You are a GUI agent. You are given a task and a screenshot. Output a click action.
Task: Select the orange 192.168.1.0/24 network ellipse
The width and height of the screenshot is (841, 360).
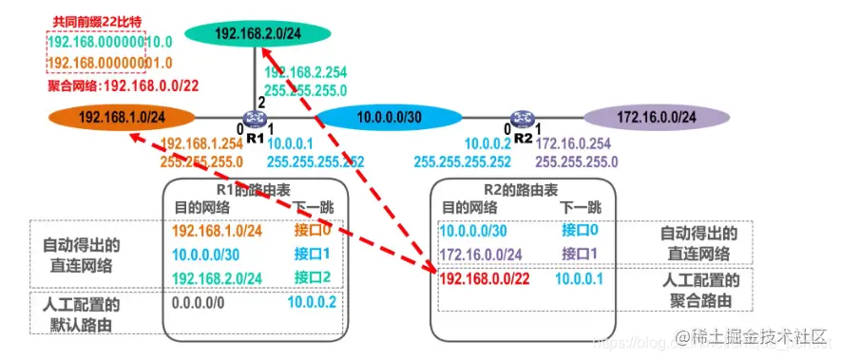123,117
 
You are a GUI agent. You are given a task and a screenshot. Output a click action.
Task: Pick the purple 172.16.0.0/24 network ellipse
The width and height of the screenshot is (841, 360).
658,117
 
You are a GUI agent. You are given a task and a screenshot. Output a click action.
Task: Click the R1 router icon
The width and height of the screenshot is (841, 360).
254,118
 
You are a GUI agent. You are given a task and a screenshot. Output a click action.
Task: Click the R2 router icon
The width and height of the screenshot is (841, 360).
522,118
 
